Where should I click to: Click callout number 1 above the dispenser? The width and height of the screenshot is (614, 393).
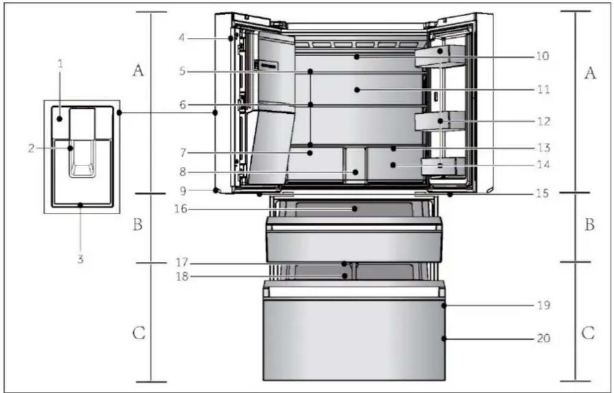pos(60,64)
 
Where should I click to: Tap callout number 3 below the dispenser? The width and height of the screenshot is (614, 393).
pos(81,259)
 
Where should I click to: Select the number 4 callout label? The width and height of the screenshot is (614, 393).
pos(182,38)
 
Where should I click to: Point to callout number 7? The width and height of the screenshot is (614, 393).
pos(183,153)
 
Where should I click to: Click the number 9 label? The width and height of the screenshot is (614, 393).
pos(183,191)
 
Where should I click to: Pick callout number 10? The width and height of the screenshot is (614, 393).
pos(542,56)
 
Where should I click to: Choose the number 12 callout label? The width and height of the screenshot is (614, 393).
pos(543,122)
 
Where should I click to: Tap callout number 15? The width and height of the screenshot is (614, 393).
pos(542,194)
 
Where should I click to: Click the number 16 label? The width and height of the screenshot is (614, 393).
pos(181,209)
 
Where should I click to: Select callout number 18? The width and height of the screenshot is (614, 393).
pos(182,276)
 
